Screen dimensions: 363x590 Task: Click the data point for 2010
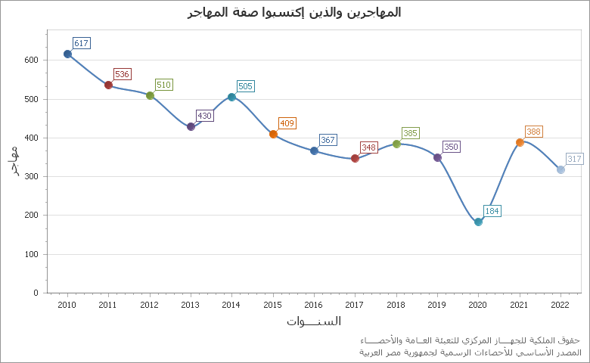coord(67,54)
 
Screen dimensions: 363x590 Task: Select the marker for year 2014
coord(231,97)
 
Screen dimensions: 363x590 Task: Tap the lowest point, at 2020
coord(478,222)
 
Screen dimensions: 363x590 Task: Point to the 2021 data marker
coord(520,142)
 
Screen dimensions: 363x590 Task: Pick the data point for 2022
coord(560,169)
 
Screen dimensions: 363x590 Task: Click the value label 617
coord(81,43)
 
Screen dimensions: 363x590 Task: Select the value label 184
coord(492,211)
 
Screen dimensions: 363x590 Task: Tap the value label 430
coord(204,116)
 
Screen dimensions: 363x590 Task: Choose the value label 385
coord(410,133)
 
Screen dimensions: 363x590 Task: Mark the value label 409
coord(287,123)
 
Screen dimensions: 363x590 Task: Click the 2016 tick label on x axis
coord(313,304)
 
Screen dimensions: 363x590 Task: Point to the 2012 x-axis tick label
coord(149,304)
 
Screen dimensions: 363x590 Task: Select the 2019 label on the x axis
coord(436,304)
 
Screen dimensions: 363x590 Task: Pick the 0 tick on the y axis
coord(36,293)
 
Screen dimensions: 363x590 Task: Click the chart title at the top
coord(294,12)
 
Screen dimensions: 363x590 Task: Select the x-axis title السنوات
coord(313,321)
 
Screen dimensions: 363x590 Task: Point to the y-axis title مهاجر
coord(16,161)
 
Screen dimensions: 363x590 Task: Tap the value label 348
coord(368,147)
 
